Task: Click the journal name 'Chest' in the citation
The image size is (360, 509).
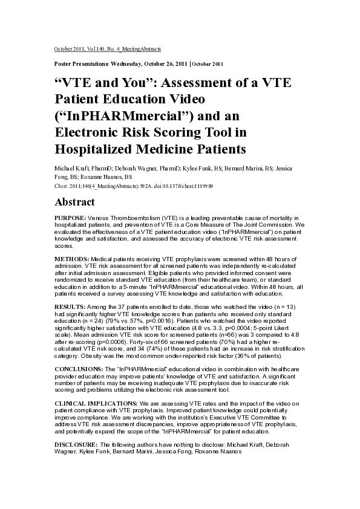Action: (x=61, y=186)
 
